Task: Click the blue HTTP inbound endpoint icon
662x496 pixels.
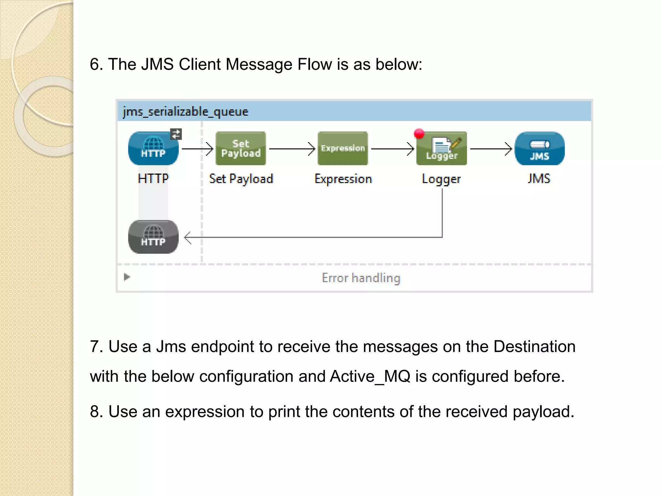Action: (x=153, y=149)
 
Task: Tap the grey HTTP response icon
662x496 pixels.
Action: (x=153, y=237)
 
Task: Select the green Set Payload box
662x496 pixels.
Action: (x=241, y=149)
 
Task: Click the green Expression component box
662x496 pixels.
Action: (x=343, y=149)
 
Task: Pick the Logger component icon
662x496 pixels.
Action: (x=442, y=149)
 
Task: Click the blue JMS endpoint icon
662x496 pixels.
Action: (x=539, y=149)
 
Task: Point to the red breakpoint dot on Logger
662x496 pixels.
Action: (x=419, y=133)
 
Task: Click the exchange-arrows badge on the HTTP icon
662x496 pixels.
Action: (x=176, y=134)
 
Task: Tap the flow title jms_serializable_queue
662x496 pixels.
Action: (x=186, y=112)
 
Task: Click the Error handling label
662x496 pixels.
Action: (x=361, y=278)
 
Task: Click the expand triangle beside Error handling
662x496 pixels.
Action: (x=127, y=277)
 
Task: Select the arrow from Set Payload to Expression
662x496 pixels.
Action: (x=292, y=149)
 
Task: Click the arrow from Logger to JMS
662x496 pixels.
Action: (x=491, y=149)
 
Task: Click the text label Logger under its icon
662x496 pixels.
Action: (x=441, y=179)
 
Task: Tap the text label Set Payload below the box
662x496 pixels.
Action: (x=241, y=179)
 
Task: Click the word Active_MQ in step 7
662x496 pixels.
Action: (x=370, y=377)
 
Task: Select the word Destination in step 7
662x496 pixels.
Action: (x=534, y=347)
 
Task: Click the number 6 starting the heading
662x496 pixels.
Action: (x=94, y=64)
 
